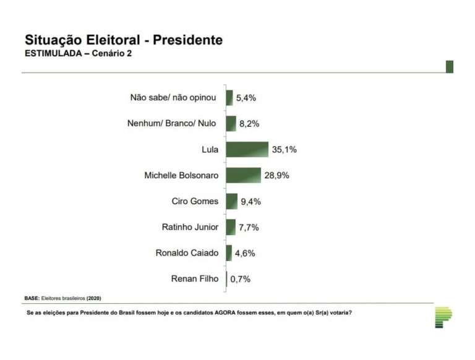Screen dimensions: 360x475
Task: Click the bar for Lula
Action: (x=247, y=149)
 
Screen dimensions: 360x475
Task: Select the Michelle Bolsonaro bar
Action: (x=244, y=175)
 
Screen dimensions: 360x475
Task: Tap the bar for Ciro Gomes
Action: (x=231, y=201)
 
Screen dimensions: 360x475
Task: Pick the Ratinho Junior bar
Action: (x=231, y=227)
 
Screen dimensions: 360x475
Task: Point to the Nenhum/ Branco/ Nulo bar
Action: (x=231, y=124)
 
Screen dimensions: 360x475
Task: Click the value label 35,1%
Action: (x=283, y=150)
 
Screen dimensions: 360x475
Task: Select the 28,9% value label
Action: (x=276, y=176)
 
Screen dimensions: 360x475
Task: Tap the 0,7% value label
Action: (x=241, y=280)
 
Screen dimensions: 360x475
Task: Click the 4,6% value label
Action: (x=245, y=254)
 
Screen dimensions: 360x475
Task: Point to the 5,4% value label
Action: (x=246, y=98)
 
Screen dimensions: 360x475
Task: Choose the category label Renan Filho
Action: (x=195, y=279)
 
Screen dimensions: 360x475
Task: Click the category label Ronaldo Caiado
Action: (x=187, y=253)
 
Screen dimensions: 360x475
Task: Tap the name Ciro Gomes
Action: (x=195, y=201)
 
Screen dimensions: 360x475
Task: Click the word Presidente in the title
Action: (x=188, y=40)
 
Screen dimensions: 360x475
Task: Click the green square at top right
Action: (x=449, y=67)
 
